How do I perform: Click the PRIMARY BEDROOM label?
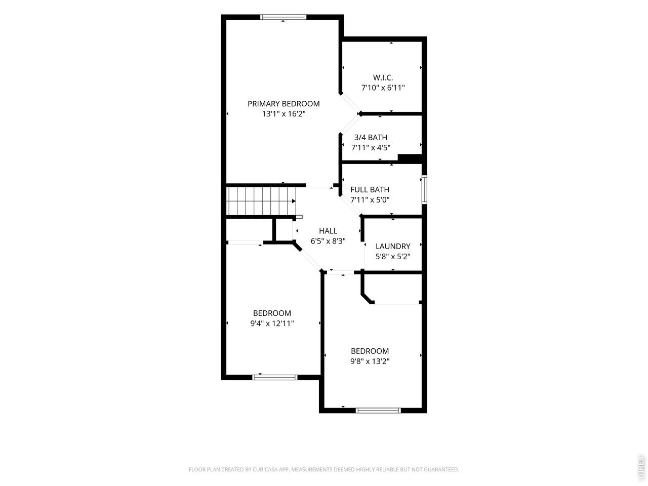point(283,104)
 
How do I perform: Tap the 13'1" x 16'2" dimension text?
point(283,114)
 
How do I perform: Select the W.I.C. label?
point(383,78)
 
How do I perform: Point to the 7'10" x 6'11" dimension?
point(383,88)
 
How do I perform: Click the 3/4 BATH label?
point(371,138)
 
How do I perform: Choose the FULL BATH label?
point(370,190)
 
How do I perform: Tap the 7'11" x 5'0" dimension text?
point(370,200)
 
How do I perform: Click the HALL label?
point(328,231)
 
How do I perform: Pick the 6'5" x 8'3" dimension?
point(328,241)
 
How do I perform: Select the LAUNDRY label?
point(393,247)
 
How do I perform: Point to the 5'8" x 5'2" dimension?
point(393,257)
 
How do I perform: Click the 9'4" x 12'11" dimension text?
point(272,323)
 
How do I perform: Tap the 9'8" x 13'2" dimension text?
point(370,361)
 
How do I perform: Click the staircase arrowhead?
point(294,201)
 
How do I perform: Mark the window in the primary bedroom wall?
point(283,17)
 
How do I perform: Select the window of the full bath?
point(424,190)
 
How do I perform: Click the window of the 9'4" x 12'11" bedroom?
point(275,378)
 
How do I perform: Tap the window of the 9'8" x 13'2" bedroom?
point(378,411)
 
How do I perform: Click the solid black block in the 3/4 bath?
point(410,158)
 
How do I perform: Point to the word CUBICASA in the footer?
point(265,469)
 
